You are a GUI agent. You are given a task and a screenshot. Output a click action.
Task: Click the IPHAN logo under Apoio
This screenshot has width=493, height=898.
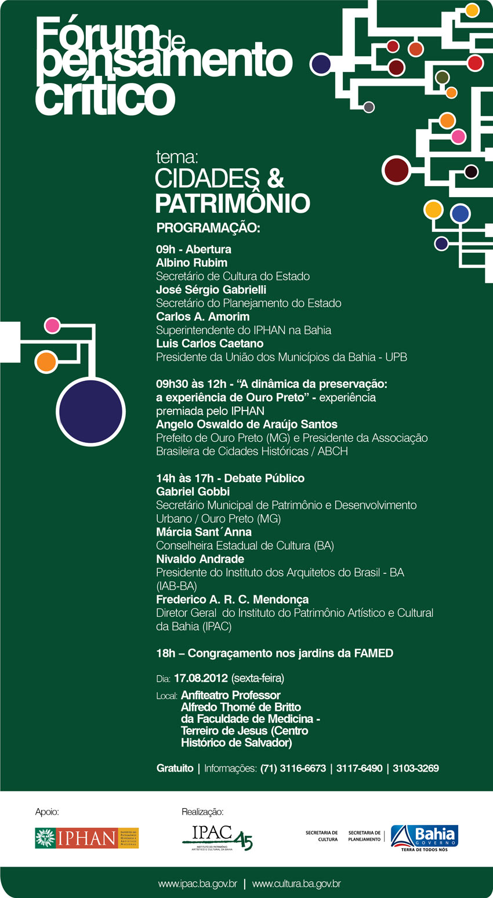[87, 838]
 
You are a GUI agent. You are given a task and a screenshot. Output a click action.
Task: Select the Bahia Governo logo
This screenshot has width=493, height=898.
[424, 838]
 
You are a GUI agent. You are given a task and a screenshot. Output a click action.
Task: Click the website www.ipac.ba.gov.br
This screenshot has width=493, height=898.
[198, 884]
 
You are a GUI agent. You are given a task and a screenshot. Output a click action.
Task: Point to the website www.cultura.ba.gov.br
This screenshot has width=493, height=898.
[296, 884]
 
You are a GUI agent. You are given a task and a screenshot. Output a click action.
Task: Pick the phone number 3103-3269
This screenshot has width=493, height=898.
[416, 768]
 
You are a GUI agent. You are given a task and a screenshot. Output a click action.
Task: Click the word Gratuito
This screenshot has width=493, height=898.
[175, 768]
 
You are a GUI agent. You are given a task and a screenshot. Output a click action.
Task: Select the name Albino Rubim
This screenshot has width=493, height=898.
[191, 263]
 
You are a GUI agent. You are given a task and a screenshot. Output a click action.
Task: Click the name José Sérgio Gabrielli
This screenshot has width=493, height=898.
[211, 289]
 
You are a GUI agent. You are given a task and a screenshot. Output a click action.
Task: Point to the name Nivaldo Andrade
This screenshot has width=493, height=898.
[200, 559]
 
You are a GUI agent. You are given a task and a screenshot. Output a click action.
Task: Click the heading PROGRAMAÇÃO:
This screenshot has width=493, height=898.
[208, 228]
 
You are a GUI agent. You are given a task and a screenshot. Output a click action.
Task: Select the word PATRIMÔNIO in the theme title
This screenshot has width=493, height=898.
[232, 203]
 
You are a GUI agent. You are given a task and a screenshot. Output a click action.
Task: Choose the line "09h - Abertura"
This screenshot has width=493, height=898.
[194, 249]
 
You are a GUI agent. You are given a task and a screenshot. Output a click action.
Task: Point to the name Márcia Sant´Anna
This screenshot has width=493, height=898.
[204, 532]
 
